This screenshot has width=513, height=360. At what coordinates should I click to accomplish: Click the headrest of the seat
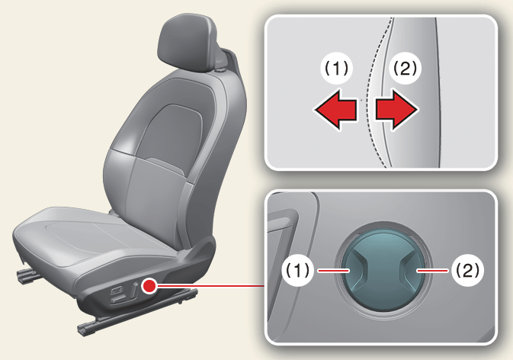(187, 43)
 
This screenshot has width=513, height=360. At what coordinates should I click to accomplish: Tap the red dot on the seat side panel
(149, 286)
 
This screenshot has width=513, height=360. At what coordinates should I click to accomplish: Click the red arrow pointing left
(335, 110)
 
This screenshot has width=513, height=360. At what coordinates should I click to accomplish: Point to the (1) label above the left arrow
(336, 69)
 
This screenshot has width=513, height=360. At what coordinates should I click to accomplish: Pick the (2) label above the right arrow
(406, 69)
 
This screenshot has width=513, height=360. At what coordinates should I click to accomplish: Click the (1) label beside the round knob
(298, 270)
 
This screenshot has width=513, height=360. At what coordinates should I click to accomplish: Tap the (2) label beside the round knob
(467, 270)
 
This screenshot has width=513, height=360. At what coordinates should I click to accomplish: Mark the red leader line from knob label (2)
(432, 270)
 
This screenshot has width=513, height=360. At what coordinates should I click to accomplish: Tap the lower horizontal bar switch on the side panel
(119, 299)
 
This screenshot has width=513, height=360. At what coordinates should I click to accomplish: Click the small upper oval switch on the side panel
(117, 290)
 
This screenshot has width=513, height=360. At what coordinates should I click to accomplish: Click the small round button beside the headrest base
(220, 70)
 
